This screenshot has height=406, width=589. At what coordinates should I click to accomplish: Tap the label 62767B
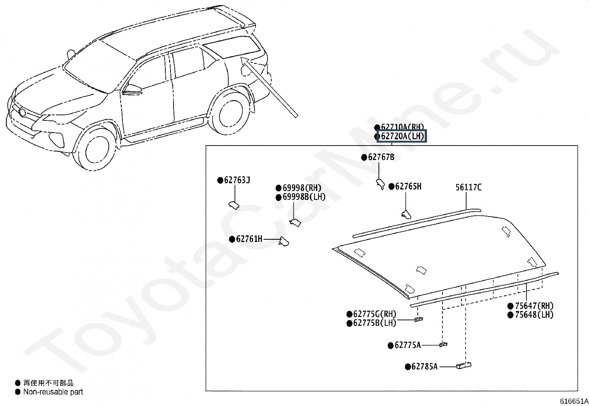point(381,157)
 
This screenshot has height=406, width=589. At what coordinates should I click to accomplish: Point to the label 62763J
point(237,180)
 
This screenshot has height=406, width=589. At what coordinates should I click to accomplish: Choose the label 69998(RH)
point(302,188)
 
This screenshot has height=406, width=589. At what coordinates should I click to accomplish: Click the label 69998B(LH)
point(304,197)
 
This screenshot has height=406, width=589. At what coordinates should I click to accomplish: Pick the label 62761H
point(249,239)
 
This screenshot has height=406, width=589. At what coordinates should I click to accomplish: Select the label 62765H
point(408,187)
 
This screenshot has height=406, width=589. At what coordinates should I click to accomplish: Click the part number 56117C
point(468,188)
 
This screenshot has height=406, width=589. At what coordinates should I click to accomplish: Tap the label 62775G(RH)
point(374,314)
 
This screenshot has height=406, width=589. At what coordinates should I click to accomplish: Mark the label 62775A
point(407,345)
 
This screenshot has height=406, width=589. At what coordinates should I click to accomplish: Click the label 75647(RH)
point(534,306)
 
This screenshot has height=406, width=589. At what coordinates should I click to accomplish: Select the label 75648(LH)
point(534,315)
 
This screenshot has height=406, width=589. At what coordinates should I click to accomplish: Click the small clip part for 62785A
point(464,365)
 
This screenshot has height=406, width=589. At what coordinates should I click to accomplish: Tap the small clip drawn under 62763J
point(233,205)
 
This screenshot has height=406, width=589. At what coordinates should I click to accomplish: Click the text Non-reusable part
point(53,392)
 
